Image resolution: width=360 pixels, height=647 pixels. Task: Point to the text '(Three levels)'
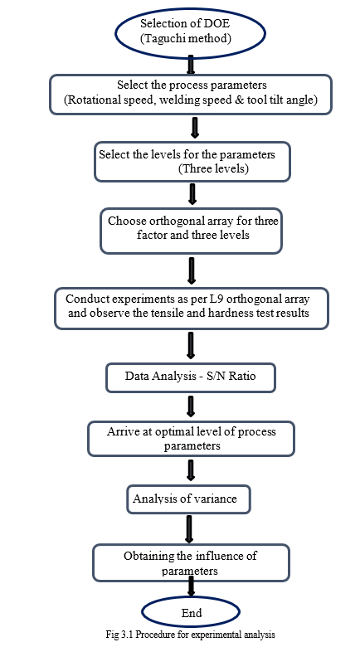click(x=213, y=169)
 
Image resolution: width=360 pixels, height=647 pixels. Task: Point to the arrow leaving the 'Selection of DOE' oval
click(x=191, y=64)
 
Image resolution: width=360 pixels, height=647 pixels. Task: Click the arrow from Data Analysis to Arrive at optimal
click(x=190, y=406)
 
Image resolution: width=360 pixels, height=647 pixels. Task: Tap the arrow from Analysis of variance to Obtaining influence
click(x=189, y=529)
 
